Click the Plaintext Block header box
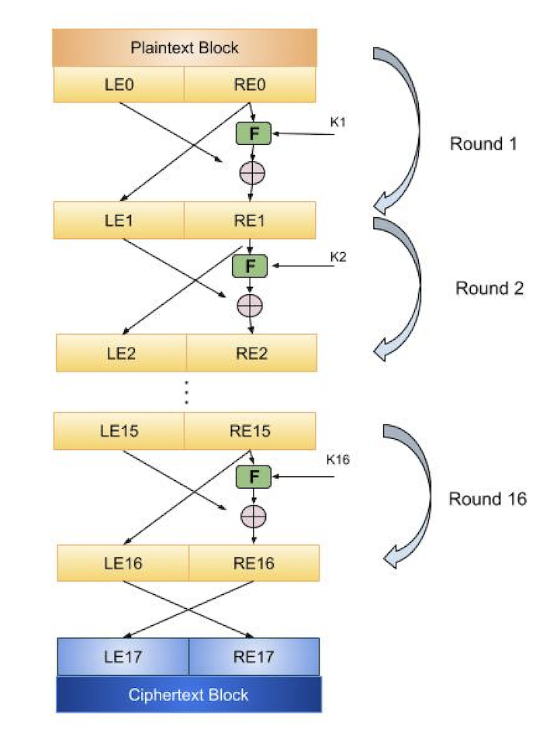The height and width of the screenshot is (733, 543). point(185,48)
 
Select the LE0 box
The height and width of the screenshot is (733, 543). point(119,85)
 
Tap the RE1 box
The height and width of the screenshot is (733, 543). point(250,220)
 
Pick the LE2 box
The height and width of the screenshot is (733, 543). point(121,353)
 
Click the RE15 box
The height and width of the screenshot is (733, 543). point(250,431)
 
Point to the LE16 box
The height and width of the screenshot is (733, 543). point(123,563)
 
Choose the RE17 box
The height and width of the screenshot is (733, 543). point(254,657)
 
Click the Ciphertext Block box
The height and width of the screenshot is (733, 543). point(188,694)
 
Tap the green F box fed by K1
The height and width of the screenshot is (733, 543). point(253,133)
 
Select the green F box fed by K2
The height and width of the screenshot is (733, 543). point(250,266)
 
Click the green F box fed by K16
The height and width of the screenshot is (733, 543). point(253,476)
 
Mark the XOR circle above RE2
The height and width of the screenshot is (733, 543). point(250,306)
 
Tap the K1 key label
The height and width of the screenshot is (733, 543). point(339,123)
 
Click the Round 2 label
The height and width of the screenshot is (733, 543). point(489,289)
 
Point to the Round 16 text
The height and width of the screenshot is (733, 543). point(487,499)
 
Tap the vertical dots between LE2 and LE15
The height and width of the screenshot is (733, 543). point(186,394)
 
